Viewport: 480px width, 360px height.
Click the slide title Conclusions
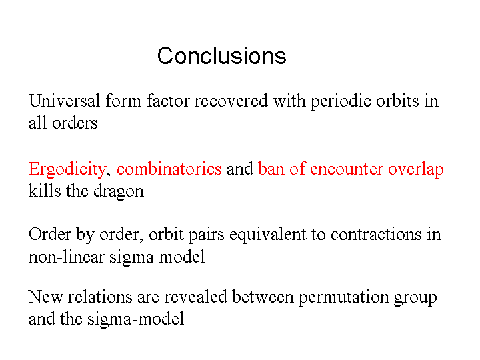(221, 56)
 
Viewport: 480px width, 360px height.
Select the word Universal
(64, 101)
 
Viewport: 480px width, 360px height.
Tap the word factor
(168, 101)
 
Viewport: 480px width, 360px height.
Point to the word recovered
(231, 101)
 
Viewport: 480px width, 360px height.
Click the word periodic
(341, 101)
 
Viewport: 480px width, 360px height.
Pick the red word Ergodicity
(67, 169)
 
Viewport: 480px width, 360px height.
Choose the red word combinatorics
(169, 169)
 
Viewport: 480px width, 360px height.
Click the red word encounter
(346, 169)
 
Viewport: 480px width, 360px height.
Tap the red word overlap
(416, 169)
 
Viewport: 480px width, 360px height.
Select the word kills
(45, 191)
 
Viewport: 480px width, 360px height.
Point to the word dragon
(119, 191)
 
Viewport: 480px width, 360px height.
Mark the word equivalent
(268, 235)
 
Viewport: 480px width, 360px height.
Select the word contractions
(376, 235)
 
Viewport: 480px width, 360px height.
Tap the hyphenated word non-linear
(67, 256)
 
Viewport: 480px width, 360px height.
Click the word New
(45, 296)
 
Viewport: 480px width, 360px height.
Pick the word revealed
(195, 296)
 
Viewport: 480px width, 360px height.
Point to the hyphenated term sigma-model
(135, 319)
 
